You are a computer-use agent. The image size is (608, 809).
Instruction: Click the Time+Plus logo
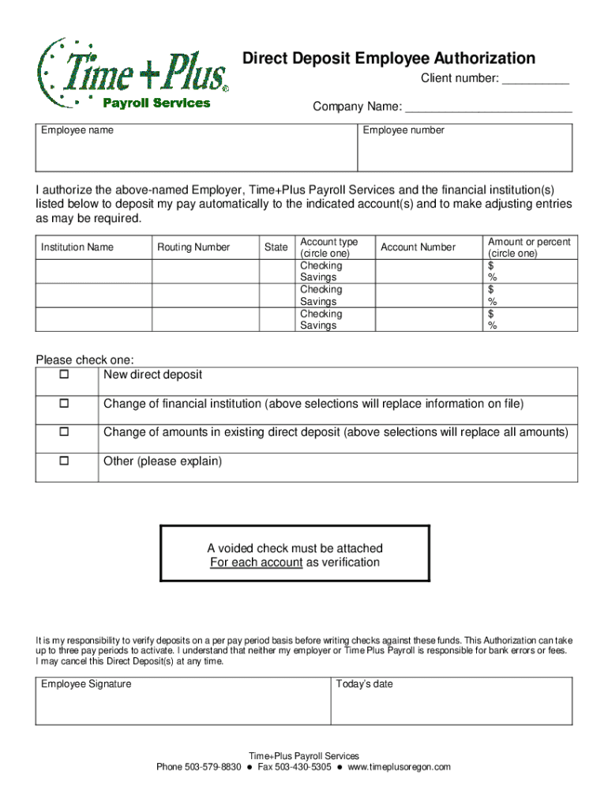[x=133, y=74]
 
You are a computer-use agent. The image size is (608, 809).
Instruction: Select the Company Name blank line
[x=488, y=108]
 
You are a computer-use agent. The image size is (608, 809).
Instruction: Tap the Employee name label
[x=77, y=130]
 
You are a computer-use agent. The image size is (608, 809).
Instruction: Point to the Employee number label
[x=403, y=130]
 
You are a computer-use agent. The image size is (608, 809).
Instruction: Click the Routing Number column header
[x=193, y=247]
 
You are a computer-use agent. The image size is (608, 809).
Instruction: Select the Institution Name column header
[x=77, y=247]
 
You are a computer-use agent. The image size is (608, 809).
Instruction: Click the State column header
[x=276, y=247]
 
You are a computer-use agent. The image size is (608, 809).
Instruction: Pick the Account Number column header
[x=418, y=247]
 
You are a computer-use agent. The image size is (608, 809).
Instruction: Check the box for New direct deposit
[x=65, y=374]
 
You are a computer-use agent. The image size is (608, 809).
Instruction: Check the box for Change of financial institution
[x=65, y=404]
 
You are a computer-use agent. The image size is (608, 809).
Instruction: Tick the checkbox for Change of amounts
[x=65, y=432]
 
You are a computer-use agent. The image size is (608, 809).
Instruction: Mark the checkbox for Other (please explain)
[x=65, y=461]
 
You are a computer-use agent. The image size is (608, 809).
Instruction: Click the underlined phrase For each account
[x=256, y=563]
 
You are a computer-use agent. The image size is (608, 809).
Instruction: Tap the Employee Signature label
[x=87, y=684]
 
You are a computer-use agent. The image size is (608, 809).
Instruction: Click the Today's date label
[x=364, y=684]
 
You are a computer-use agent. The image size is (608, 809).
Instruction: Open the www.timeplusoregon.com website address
[x=399, y=767]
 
